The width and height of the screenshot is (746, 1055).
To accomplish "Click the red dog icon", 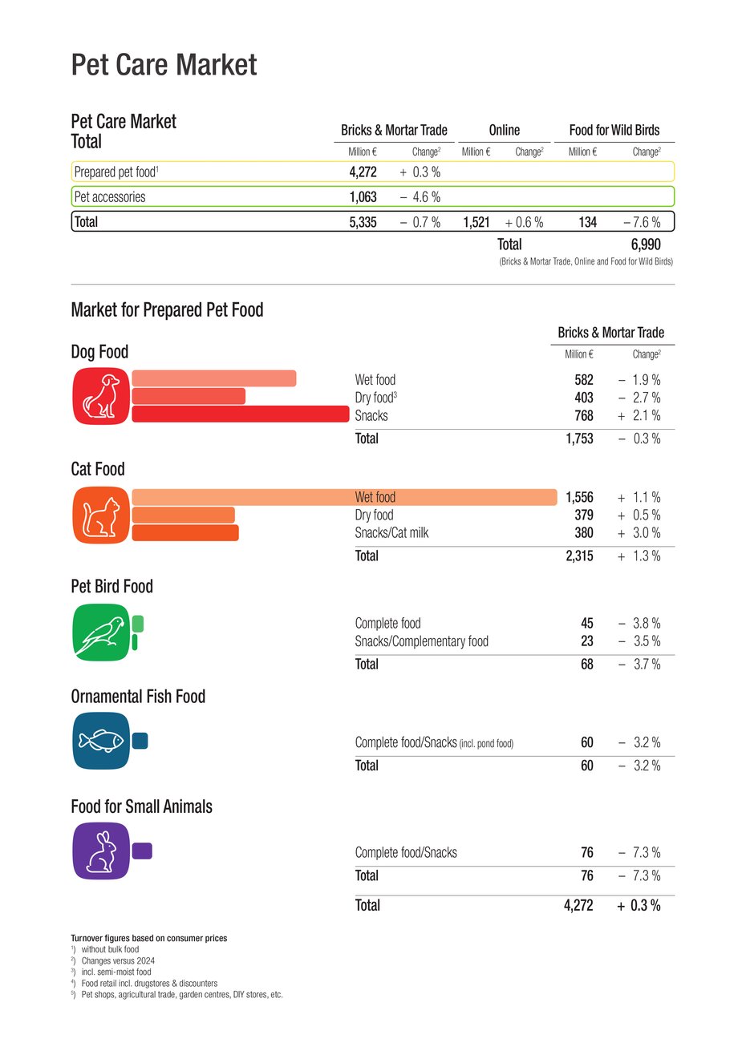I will tap(101, 396).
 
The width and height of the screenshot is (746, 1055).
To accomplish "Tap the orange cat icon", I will tap(101, 514).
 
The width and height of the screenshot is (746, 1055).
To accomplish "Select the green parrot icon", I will tap(101, 632).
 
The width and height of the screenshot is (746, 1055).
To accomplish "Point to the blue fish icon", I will tap(101, 741).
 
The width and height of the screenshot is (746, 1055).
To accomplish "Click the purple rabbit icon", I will tap(101, 851).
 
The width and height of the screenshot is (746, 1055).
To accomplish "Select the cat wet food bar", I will tap(343, 497).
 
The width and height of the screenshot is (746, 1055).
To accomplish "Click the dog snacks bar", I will tap(241, 414).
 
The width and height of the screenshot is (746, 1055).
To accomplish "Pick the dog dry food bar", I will tap(189, 396).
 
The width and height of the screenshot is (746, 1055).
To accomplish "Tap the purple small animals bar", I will tap(142, 851).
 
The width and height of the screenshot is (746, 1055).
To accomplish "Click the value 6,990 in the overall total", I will tap(646, 245).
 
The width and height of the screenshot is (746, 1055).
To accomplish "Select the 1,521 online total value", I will tap(476, 222).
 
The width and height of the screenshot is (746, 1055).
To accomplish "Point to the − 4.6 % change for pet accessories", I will tap(420, 197).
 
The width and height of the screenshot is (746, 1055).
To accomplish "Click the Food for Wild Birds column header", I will tap(614, 130).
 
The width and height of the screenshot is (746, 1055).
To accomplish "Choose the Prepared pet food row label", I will tap(116, 172).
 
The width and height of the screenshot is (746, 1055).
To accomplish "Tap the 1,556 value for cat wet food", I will tap(579, 497).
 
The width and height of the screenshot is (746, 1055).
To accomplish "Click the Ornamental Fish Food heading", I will tap(138, 697).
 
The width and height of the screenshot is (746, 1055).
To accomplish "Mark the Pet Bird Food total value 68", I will tap(587, 664).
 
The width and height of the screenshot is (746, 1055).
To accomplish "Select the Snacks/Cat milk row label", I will tap(391, 532).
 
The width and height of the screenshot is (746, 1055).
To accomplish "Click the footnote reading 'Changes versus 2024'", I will tap(118, 960).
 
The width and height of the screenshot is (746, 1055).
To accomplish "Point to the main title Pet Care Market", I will tap(164, 64).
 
